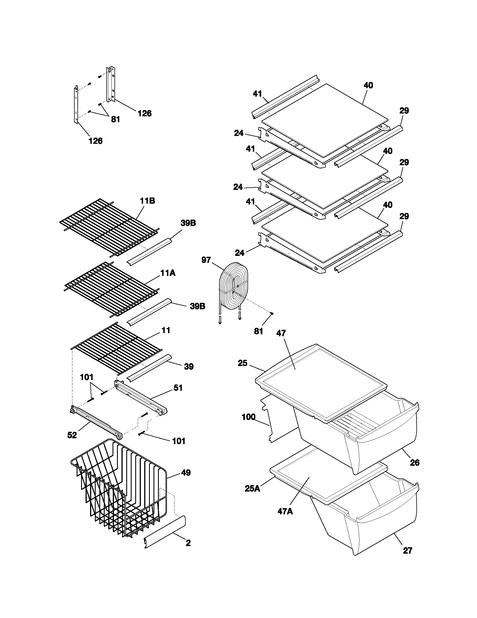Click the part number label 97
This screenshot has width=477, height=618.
click(206, 260)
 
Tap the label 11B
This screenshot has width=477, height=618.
click(147, 201)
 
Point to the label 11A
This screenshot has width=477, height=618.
click(168, 273)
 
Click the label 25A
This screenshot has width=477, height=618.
click(252, 488)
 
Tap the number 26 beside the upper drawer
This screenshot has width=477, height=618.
click(414, 463)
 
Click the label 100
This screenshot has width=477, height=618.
click(249, 417)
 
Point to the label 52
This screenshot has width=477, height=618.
click(72, 435)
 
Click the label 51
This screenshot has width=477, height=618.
click(178, 388)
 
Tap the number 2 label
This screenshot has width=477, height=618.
click(188, 543)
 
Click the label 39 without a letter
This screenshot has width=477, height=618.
click(189, 367)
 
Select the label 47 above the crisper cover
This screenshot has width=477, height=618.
click(281, 333)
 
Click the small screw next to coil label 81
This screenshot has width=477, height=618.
click(272, 313)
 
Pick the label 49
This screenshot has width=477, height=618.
click(186, 472)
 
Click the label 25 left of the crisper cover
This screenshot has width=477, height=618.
click(242, 363)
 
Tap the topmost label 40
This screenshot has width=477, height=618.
click(368, 85)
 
